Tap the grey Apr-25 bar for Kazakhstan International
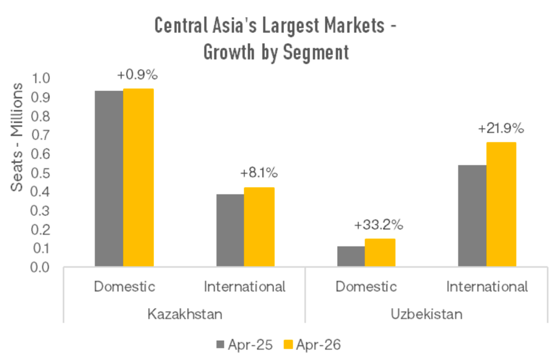click(230, 230)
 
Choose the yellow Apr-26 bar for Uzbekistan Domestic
click(380, 252)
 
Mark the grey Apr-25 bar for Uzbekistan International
click(472, 215)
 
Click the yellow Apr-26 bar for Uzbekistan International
click(501, 204)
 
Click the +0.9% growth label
click(137, 75)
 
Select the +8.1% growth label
click(259, 172)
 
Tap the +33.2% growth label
click(379, 225)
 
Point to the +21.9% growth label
click(501, 128)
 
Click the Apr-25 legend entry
click(245, 345)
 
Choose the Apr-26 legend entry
click(312, 345)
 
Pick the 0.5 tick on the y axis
click(40, 173)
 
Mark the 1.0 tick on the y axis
click(41, 78)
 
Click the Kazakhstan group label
click(185, 314)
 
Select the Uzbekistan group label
click(426, 314)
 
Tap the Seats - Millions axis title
click(17, 137)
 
